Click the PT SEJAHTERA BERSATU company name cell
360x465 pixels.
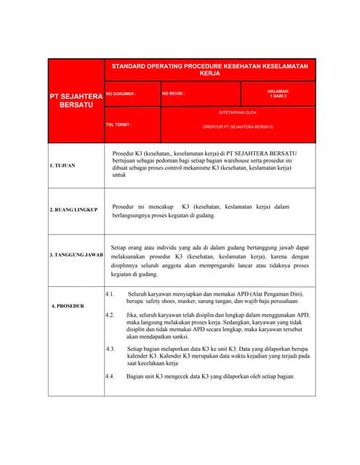[x=76, y=100]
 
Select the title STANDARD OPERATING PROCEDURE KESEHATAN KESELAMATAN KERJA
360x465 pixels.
[x=209, y=70]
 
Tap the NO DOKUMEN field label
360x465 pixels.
[x=121, y=94]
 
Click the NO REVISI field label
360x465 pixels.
[x=174, y=94]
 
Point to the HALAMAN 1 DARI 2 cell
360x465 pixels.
[x=278, y=94]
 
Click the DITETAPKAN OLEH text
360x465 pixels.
[x=238, y=113]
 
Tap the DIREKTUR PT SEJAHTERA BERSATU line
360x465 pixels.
[x=238, y=126]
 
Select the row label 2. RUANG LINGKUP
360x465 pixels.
[x=73, y=210]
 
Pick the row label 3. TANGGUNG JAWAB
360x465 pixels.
[x=76, y=256]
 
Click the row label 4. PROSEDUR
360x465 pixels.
[x=68, y=306]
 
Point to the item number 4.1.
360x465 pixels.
[x=110, y=294]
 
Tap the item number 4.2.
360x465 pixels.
[x=110, y=315]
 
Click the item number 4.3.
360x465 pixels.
[x=110, y=349]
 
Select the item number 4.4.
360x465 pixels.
[x=110, y=376]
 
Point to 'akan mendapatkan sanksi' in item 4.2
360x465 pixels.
[x=159, y=337]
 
